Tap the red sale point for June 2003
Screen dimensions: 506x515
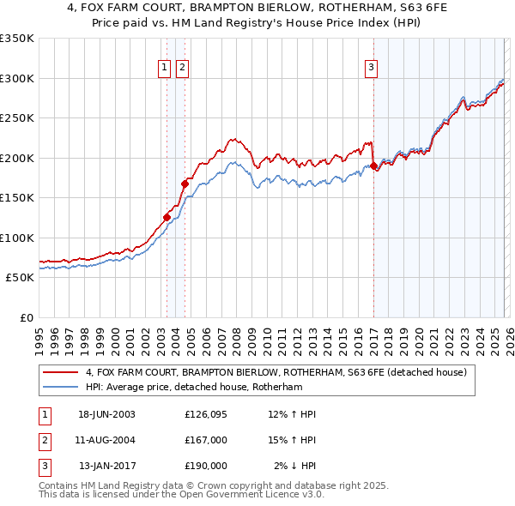pos(167,217)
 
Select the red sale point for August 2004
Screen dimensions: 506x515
pos(185,183)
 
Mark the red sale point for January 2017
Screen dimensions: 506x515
pos(373,166)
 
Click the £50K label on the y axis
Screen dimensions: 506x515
pos(20,278)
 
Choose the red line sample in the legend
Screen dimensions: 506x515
pos(59,372)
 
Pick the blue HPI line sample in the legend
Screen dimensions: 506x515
pos(59,388)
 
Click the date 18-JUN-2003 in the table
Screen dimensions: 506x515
pos(106,414)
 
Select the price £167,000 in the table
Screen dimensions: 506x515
pos(206,440)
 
